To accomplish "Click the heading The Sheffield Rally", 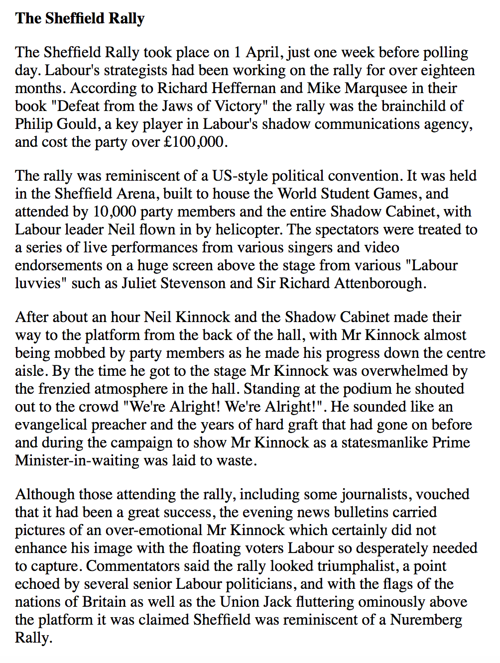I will tap(80, 18).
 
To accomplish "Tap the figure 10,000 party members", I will tap(115, 212).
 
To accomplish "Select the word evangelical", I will tap(56, 425).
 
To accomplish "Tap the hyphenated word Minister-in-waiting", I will tap(77, 460).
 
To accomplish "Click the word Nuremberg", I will tap(426, 620).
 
